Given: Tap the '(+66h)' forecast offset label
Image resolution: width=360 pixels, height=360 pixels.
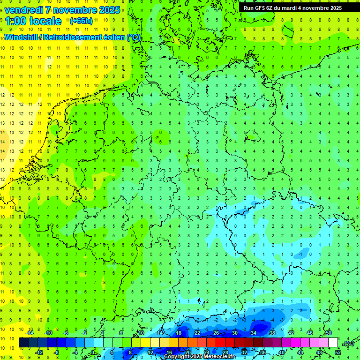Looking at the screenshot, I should pyautogui.click(x=81, y=21).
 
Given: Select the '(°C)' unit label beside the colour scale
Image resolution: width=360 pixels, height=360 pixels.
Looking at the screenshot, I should pyautogui.click(x=348, y=343).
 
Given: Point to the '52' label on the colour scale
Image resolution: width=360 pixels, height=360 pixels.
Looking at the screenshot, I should pyautogui.click(x=338, y=352).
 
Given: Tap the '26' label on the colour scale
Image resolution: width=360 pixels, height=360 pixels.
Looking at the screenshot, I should pyautogui.click(x=216, y=333).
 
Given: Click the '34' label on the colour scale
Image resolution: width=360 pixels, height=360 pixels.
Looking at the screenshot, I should pyautogui.click(x=254, y=333).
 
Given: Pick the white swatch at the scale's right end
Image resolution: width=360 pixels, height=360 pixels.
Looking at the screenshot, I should pyautogui.click(x=333, y=343).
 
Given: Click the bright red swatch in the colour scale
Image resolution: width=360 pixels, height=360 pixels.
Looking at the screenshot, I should pyautogui.click(x=221, y=343).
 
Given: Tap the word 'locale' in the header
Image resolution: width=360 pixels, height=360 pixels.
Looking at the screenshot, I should pyautogui.click(x=45, y=21).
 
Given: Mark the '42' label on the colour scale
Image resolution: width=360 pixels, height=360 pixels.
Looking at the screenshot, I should pyautogui.click(x=291, y=333).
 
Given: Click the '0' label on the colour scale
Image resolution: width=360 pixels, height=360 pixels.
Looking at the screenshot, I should pyautogui.click(x=93, y=352).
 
